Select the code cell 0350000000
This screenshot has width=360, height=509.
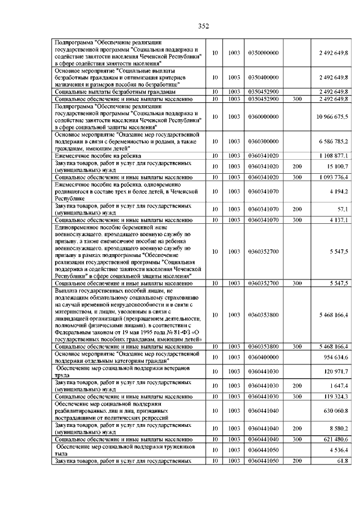point(263,53)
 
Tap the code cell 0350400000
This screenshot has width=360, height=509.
point(263,77)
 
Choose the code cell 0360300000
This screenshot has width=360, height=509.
point(263,141)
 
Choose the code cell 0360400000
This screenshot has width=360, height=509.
point(263,358)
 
